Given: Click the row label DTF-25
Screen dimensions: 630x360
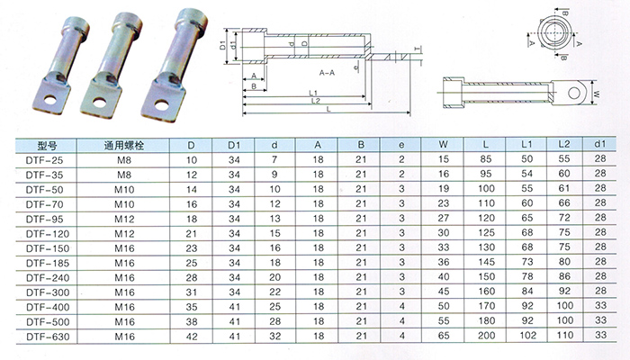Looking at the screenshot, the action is click(x=45, y=160).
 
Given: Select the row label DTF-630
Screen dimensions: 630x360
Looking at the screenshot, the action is click(x=48, y=337).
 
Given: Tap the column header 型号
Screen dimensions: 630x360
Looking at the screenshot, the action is click(x=46, y=146).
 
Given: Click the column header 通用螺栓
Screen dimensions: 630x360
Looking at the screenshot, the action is click(x=124, y=146).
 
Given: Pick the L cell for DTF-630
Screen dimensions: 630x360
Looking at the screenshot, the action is click(x=486, y=336).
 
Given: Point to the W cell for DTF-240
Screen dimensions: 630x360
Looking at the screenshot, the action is click(x=444, y=277).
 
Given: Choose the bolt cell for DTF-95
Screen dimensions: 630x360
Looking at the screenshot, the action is click(x=124, y=219).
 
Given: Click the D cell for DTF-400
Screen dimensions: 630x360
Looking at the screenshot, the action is click(x=192, y=307).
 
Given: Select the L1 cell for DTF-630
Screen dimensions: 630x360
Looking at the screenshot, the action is click(x=526, y=336).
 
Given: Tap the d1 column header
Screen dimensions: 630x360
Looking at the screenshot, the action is click(x=600, y=144).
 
